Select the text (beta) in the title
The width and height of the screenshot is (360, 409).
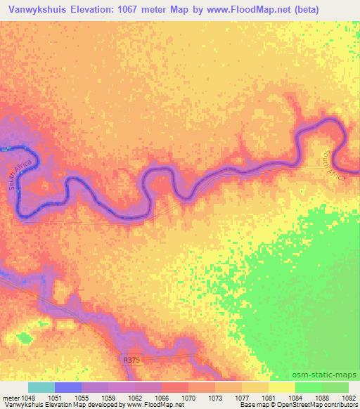(x=333, y=10)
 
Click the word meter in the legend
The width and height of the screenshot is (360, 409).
(x=9, y=397)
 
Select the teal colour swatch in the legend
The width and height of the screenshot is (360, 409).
(x=41, y=387)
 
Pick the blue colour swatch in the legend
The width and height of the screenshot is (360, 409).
(x=68, y=387)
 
